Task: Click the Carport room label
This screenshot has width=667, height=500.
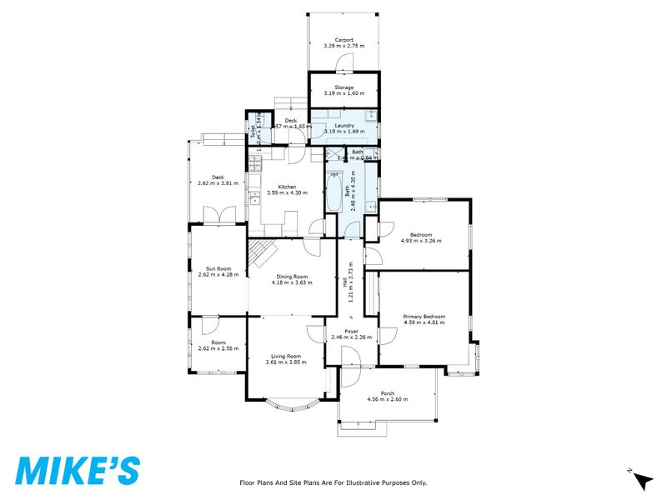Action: click(344, 40)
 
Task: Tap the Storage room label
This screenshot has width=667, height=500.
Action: click(344, 87)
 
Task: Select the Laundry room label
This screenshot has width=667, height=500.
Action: click(344, 125)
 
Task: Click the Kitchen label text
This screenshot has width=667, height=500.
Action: click(287, 187)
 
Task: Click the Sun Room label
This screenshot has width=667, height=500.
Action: click(218, 268)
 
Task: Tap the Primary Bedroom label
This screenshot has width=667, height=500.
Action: click(424, 317)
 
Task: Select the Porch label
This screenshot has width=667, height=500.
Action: click(388, 393)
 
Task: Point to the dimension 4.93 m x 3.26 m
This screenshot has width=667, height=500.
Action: click(422, 241)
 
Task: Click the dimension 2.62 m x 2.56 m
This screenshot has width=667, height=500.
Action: click(218, 348)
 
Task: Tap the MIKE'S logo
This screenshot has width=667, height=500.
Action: click(78, 470)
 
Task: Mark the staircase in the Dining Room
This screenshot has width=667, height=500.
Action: click(263, 251)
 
